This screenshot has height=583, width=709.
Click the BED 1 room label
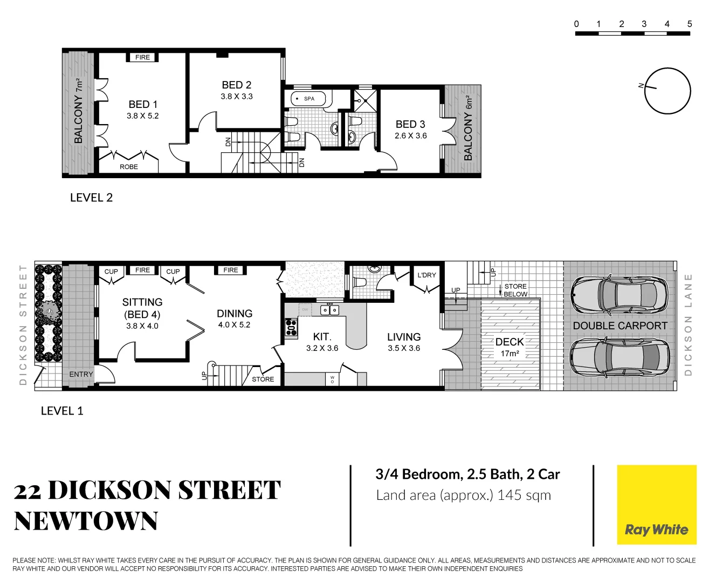coord(143,104)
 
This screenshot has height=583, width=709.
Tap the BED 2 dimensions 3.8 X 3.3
coord(236,97)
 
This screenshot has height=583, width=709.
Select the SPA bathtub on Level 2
coord(309,99)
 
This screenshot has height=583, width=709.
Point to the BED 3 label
coord(410,124)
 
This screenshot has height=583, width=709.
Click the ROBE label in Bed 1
coord(129,167)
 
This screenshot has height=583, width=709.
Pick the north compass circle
coord(668,91)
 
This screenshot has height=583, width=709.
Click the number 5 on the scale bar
coord(689,24)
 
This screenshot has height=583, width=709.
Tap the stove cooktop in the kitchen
coord(291,327)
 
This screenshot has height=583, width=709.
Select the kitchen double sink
coord(329,310)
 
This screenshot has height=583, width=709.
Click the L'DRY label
coord(426,275)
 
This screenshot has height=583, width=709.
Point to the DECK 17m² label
coord(510,347)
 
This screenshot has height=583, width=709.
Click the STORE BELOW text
coord(515,290)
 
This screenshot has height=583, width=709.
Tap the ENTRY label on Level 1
coord(81,374)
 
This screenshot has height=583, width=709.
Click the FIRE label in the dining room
coord(231,270)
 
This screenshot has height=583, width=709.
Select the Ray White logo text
coord(656,530)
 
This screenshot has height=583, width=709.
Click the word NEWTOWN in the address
coord(86,521)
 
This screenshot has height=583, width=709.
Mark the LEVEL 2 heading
coord(91,198)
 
